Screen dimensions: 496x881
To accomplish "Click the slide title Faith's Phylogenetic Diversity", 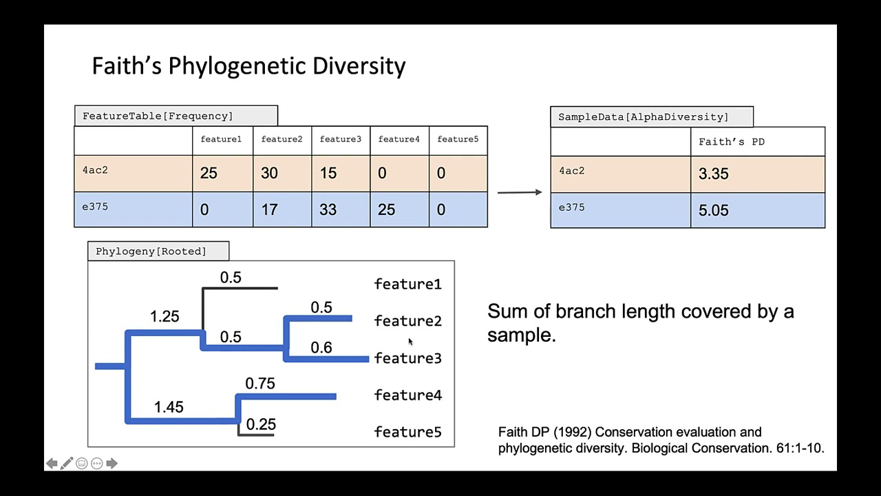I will coord(248,66).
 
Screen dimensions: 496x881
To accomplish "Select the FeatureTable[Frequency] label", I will coord(158,116).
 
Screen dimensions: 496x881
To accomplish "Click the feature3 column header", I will coord(340,139).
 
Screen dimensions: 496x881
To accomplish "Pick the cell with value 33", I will coord(328,209).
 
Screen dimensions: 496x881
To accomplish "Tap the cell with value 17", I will coord(269,209).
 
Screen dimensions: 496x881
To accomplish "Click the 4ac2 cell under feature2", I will coord(269,173).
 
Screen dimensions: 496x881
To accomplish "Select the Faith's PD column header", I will coord(731,142).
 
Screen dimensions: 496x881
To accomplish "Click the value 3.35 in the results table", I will coord(713,174).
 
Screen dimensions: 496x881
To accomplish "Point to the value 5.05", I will coord(713,210).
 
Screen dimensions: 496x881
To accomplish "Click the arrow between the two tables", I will coord(519,192).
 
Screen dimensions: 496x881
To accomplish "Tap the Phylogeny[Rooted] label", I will coord(151,251).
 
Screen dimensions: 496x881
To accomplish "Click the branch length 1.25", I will coord(164,316).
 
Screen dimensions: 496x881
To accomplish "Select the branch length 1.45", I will coord(169,407).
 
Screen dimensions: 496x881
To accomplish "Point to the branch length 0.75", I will coord(260,384).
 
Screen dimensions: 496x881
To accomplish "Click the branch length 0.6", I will coord(321,348).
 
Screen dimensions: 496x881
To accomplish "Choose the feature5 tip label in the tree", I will coord(407,432).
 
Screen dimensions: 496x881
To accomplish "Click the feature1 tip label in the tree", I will coord(407,284).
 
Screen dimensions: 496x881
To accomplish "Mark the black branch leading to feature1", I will coord(241,288).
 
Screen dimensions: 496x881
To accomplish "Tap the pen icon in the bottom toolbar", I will coord(66,464).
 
